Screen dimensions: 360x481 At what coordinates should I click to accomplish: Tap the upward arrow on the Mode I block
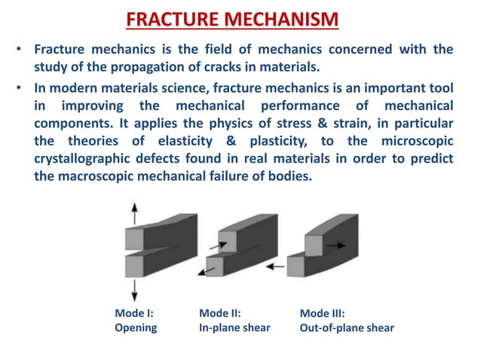pos(133,211)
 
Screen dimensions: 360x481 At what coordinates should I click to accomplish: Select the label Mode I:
pos(134,313)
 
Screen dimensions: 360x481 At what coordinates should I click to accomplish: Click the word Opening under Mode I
pos(136,328)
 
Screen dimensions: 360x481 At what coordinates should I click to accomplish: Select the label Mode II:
pos(219,313)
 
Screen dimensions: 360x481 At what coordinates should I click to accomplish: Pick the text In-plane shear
pos(234,328)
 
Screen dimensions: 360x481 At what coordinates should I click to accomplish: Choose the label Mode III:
pos(322,313)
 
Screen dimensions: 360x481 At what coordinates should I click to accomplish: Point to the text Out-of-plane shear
pos(346,328)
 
